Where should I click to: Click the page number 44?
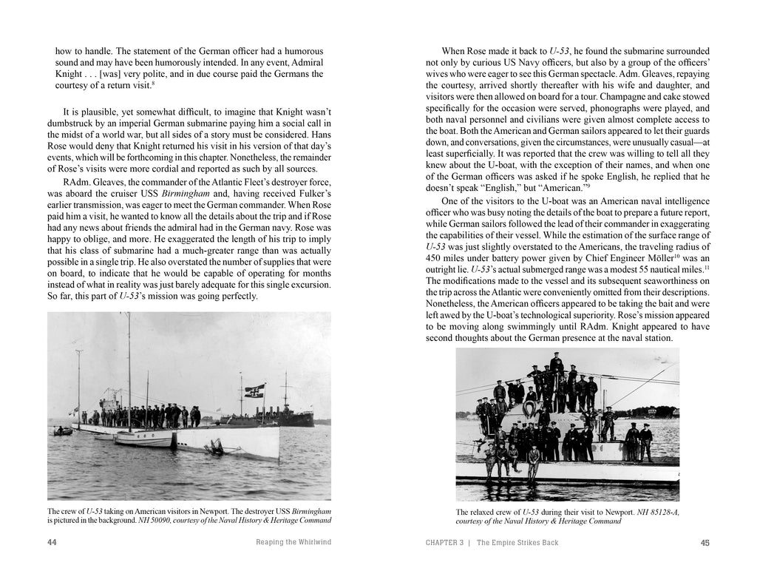52,543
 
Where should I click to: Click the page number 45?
705,543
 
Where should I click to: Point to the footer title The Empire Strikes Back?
517,543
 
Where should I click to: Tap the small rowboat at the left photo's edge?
63,430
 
